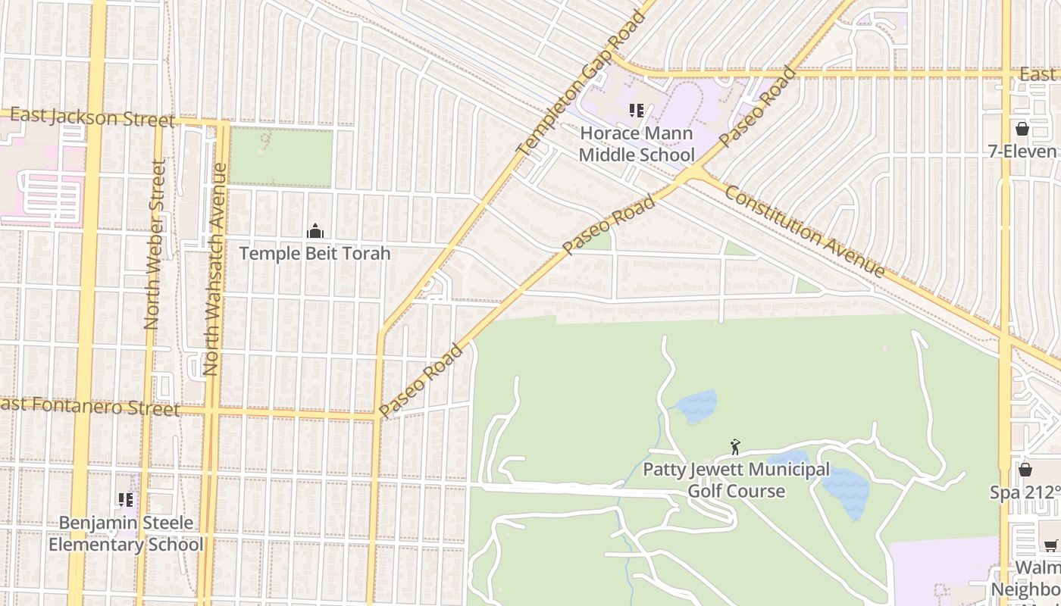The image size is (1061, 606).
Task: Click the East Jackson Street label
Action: (x=92, y=117)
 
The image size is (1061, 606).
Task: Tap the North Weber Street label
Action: (x=154, y=244)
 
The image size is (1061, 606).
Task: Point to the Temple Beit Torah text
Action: (x=315, y=253)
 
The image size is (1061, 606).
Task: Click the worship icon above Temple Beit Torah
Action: (x=315, y=231)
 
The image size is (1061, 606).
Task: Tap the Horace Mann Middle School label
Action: (x=637, y=144)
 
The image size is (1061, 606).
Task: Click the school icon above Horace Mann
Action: (x=637, y=111)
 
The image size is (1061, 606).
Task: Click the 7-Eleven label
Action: (x=1022, y=151)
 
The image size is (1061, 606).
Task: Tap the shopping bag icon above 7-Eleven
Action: (x=1022, y=129)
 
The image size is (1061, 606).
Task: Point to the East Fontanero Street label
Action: (x=91, y=407)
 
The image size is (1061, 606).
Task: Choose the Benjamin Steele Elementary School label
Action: (x=127, y=533)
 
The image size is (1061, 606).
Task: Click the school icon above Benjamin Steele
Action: (x=126, y=499)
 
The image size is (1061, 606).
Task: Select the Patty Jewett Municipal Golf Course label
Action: (x=736, y=480)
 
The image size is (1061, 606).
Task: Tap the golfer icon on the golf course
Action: (x=734, y=447)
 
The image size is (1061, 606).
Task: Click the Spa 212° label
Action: (x=1025, y=492)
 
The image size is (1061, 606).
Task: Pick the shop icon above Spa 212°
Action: (x=1025, y=470)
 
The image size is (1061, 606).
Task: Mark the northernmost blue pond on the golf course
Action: (x=696, y=407)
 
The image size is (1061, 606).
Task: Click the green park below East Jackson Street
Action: (x=280, y=158)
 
